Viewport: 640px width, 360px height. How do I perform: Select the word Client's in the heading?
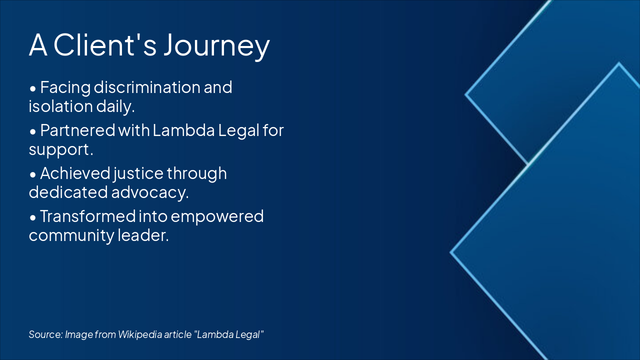(105, 44)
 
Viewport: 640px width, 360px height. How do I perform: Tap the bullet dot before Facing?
(33, 88)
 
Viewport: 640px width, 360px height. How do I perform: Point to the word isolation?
(60, 106)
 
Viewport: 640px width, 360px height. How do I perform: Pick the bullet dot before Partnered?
(33, 131)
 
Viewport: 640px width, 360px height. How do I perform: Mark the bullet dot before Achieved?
(33, 175)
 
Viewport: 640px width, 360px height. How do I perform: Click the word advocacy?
(150, 192)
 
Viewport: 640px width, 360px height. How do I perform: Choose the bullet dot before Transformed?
(33, 218)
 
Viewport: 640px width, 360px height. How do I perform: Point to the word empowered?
(217, 217)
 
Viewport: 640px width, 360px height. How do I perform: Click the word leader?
(143, 235)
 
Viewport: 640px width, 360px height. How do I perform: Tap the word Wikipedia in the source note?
(140, 334)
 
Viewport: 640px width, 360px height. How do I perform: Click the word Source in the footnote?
(45, 334)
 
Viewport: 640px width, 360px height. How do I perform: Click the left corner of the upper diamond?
(465, 94)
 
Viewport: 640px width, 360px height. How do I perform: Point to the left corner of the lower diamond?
(450, 252)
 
